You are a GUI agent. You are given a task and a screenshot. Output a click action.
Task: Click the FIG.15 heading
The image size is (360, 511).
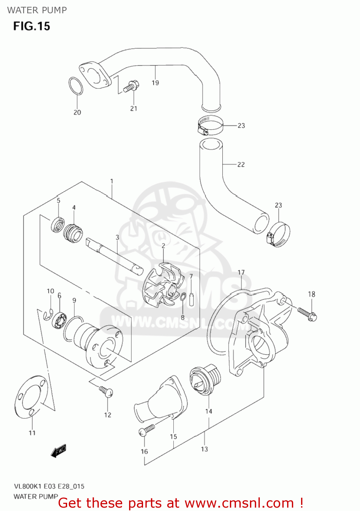point(32,26)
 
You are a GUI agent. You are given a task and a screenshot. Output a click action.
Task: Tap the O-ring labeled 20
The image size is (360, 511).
point(76,86)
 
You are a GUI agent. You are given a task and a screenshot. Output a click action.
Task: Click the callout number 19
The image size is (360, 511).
point(155,83)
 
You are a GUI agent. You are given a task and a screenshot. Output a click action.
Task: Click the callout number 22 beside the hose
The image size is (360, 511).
point(241,165)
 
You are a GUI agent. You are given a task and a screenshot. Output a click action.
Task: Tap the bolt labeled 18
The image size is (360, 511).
point(307,313)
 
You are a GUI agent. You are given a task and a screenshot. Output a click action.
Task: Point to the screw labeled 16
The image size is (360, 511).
point(147,430)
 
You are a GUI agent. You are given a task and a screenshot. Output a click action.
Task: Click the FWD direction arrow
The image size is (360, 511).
point(58,451)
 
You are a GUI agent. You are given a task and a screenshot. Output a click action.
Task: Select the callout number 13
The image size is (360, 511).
point(204,449)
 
